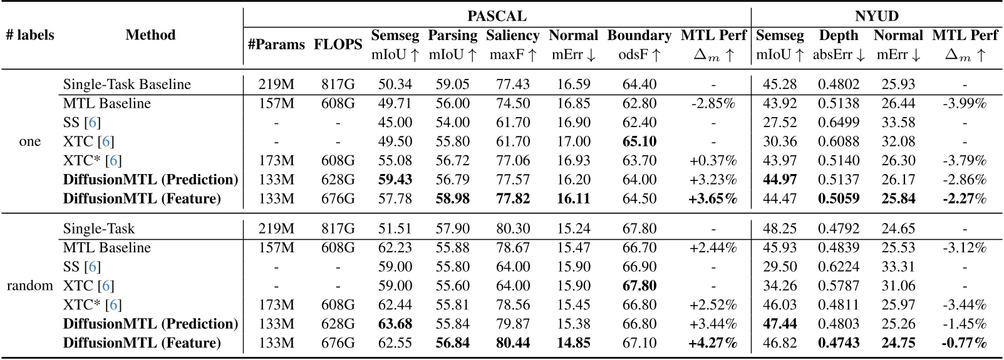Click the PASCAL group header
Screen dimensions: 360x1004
pos(497,16)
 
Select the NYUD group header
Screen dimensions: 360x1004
pos(877,16)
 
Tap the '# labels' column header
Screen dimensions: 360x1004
pos(30,35)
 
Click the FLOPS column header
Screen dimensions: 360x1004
pos(338,44)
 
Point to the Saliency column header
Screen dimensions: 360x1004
pos(512,36)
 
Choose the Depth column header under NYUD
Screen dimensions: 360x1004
pos(839,36)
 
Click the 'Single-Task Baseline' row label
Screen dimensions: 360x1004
pos(127,84)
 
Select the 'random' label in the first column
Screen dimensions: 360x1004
pos(30,286)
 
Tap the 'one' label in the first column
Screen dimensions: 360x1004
pos(30,141)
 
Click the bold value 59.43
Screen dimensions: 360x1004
pos(395,180)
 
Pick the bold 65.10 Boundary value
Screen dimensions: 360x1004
pos(639,141)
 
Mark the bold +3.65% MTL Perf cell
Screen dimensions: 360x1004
pos(713,199)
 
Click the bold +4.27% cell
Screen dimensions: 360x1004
pos(713,343)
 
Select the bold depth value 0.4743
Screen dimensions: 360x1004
pos(839,343)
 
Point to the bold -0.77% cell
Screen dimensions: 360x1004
pos(964,343)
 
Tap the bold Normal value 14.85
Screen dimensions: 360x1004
pos(573,343)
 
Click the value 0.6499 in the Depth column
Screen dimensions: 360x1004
pos(839,123)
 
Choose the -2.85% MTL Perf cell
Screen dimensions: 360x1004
pos(713,103)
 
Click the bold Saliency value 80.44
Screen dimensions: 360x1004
pos(512,343)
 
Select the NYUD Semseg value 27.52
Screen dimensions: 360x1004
pos(780,123)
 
